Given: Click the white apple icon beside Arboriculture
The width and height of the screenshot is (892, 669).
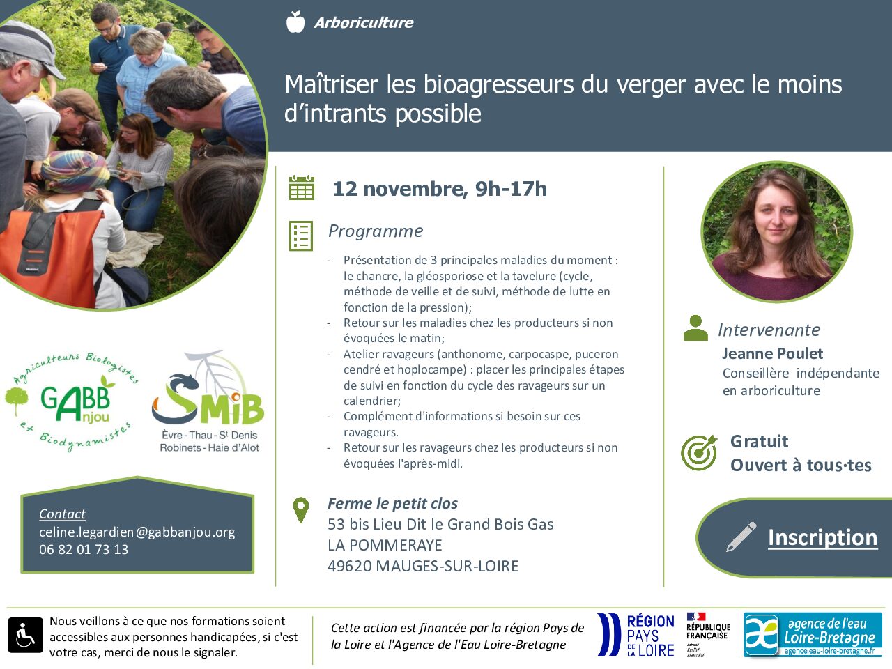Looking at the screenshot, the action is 295,22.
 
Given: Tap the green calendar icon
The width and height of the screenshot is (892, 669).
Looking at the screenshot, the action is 302,187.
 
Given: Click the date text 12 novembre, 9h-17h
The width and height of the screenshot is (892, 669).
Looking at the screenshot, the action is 440,189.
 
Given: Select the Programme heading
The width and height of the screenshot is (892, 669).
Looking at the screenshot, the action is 376,231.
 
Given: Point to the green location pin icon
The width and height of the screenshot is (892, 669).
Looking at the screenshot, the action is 301,510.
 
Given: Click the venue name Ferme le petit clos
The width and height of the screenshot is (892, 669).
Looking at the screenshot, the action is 392,503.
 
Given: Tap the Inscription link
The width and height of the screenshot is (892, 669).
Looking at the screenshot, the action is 822,537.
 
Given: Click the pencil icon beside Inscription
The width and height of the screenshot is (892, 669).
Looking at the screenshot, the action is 741,537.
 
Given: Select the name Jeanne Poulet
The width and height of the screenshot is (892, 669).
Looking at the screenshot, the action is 773,353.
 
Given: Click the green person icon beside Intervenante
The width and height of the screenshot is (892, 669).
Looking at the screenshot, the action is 695,328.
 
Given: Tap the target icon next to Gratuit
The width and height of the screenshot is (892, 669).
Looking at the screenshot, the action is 699,452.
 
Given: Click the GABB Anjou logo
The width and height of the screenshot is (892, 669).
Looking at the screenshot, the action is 72,402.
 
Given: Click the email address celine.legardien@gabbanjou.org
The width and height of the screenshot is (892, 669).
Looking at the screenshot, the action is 137,532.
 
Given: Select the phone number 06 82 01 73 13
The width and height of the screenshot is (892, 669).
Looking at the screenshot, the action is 84,549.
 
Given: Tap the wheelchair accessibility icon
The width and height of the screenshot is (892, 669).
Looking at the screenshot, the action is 25,635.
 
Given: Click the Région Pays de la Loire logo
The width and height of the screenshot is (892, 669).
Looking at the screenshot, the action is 636,635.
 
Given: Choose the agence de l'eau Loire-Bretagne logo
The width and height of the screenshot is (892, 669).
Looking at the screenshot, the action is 813,634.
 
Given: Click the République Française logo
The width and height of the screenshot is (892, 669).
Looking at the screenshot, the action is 708,634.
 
